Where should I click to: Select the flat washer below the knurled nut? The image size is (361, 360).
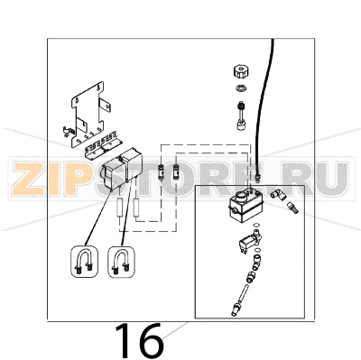[x=240, y=90]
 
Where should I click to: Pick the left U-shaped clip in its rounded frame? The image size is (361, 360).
[x=85, y=263]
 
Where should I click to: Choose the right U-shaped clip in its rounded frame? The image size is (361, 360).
[x=120, y=263]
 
